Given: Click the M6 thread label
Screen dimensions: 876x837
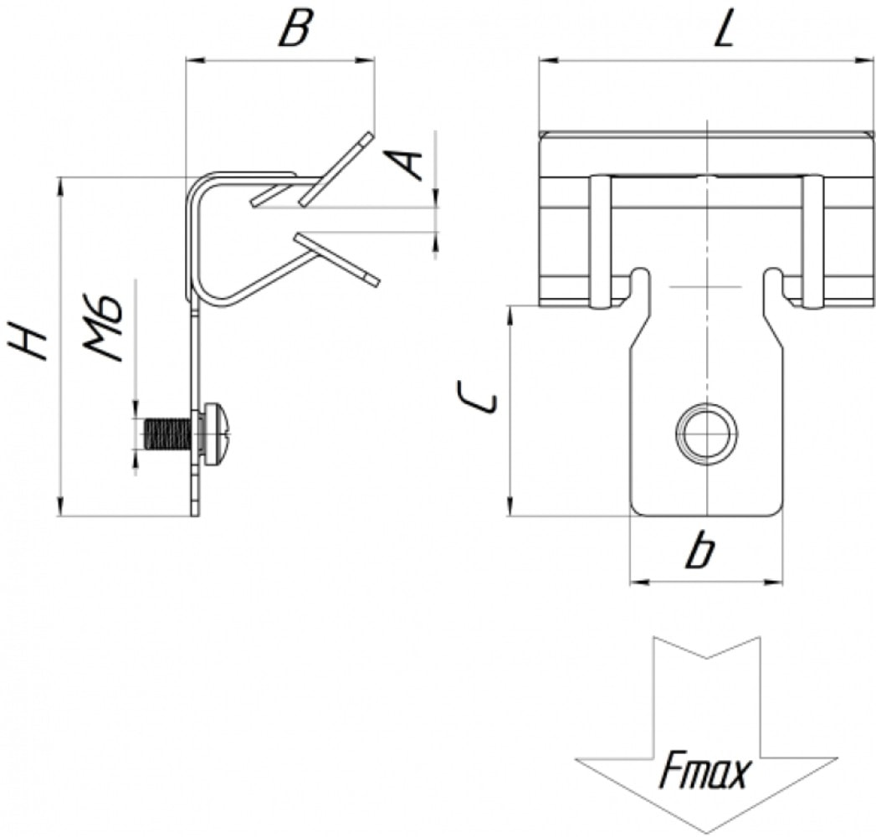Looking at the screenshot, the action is [x=103, y=327].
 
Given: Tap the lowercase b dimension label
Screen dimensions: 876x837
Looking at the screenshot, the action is [x=700, y=551].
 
